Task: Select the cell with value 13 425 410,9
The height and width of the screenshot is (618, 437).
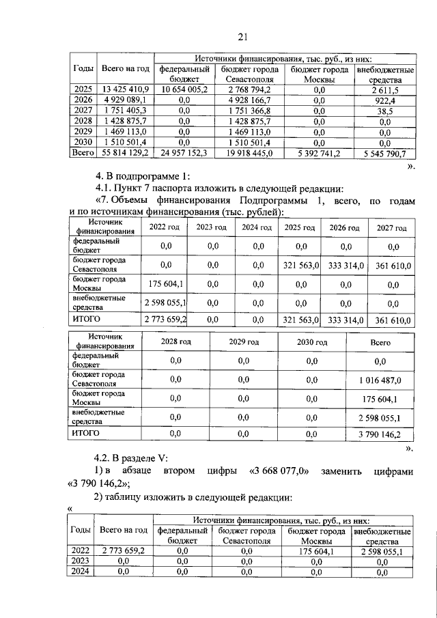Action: (125, 89)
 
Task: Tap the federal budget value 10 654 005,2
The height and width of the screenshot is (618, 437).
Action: (184, 89)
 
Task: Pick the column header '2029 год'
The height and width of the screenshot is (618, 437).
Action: (243, 341)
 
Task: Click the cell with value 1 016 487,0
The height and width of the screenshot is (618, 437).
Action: (380, 380)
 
